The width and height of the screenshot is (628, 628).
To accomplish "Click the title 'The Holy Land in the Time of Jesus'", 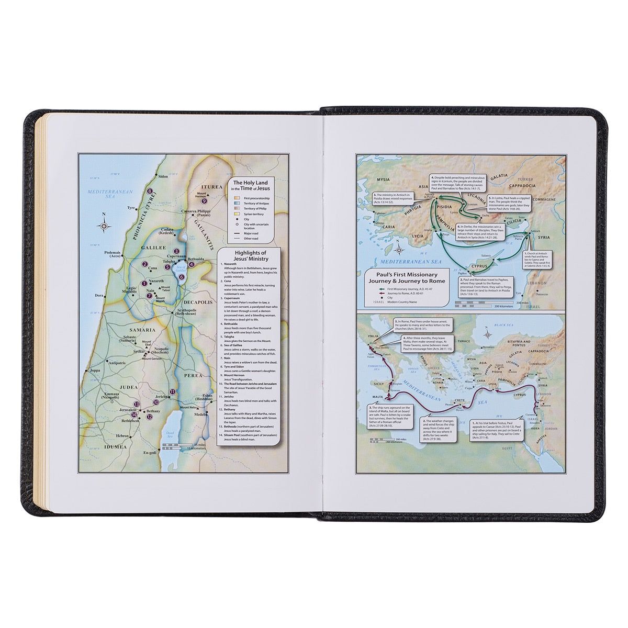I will [x=249, y=185].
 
